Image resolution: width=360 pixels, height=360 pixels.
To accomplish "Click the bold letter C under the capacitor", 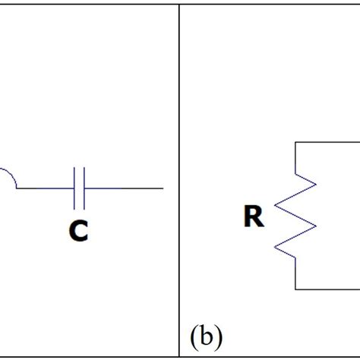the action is click(x=79, y=230).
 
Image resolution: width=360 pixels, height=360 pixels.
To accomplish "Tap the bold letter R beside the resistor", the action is click(x=254, y=216).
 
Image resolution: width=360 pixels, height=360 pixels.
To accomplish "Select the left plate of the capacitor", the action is click(x=74, y=188).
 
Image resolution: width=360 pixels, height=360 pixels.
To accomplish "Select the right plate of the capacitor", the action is click(x=84, y=188).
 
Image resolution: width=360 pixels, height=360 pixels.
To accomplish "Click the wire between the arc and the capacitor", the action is click(x=46, y=188).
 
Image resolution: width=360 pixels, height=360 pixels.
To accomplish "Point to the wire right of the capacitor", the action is click(x=124, y=188).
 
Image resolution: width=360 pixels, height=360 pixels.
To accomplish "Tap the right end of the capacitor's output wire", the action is click(x=163, y=188).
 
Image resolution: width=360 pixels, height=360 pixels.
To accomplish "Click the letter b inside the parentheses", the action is click(x=207, y=336).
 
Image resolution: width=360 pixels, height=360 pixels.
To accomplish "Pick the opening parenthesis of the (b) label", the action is click(x=194, y=338).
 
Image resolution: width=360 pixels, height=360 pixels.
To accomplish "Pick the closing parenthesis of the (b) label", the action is click(x=219, y=338).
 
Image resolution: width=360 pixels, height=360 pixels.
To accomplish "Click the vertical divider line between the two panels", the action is click(x=179, y=181).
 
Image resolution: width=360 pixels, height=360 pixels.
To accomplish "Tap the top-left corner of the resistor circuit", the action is click(x=295, y=142).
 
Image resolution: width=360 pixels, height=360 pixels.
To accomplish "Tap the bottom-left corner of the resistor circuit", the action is click(x=295, y=289).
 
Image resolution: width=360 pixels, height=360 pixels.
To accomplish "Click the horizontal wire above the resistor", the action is click(x=327, y=142).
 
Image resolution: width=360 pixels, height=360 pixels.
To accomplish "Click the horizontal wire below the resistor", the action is click(x=327, y=289).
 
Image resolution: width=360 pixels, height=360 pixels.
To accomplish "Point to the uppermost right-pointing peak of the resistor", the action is click(x=316, y=185).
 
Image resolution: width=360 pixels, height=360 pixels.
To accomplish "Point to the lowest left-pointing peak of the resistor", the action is click(x=275, y=247).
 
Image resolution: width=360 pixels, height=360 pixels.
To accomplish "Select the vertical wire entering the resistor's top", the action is click(x=295, y=158).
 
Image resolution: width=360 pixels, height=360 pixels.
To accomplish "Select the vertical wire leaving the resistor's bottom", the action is click(x=295, y=273).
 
